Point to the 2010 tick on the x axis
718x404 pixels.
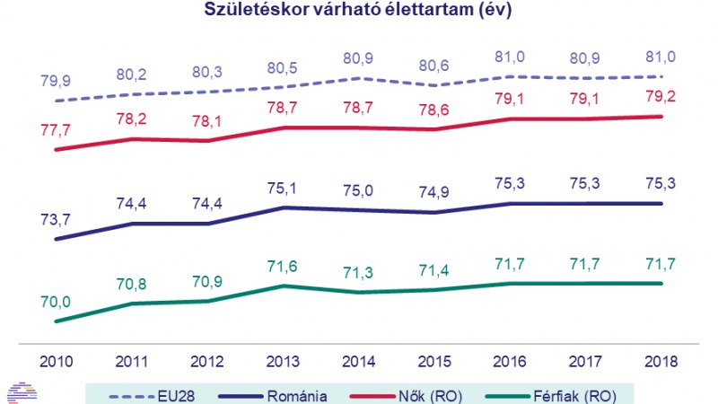[x=56, y=360]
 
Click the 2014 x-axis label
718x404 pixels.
[x=359, y=360]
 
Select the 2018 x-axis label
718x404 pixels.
[x=661, y=360]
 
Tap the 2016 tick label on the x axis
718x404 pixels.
[x=510, y=360]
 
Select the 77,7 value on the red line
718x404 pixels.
[x=56, y=131]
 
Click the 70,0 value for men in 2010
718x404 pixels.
[x=56, y=303]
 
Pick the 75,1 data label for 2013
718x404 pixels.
[x=283, y=190]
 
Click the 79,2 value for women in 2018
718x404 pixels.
[x=661, y=96]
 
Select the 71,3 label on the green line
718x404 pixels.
[x=359, y=272]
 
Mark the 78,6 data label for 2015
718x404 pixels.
[x=434, y=109]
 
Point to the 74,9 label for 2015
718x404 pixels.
[x=434, y=194]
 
